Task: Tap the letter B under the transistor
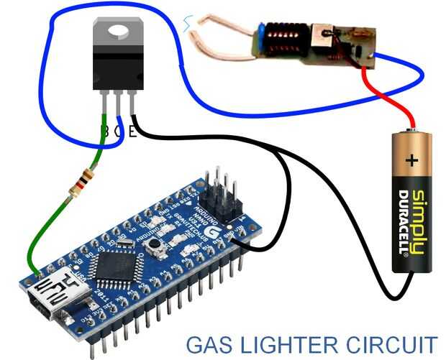[x=106, y=131]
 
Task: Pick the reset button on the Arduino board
[x=154, y=246]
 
